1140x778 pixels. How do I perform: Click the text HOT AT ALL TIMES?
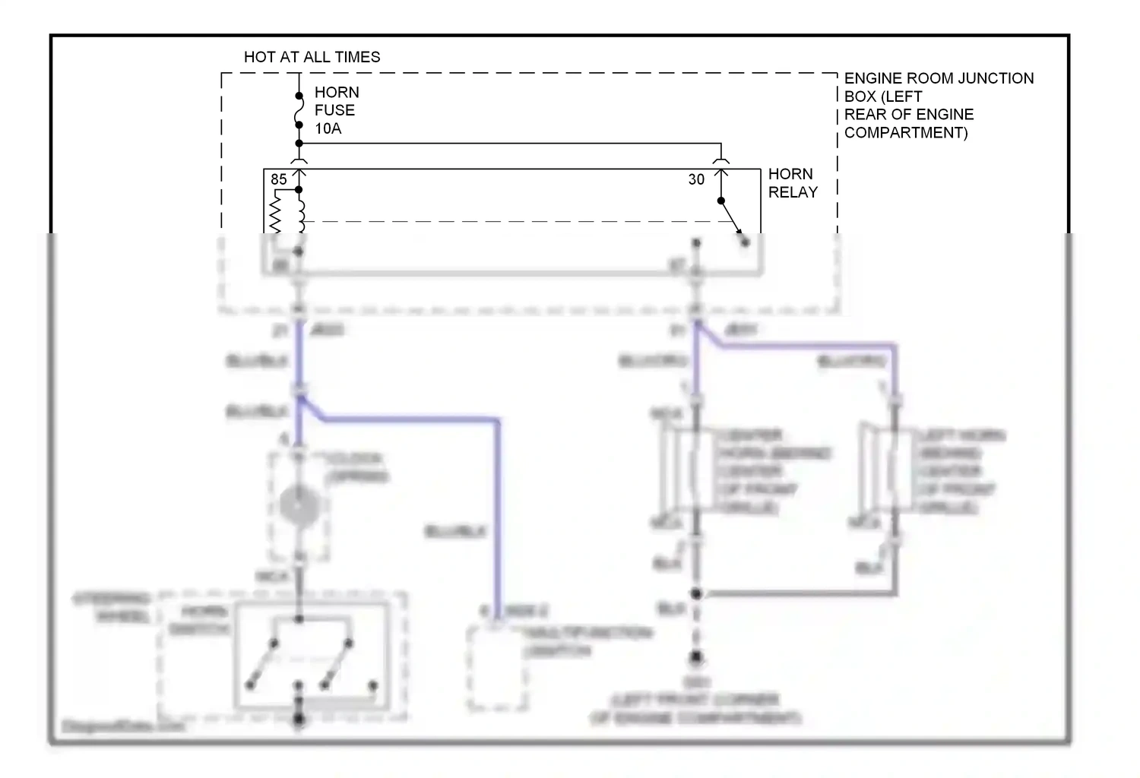click(x=312, y=57)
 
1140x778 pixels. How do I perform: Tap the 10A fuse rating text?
click(x=328, y=128)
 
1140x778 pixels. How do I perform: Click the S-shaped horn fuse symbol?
click(x=299, y=115)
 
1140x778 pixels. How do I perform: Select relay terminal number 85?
click(x=279, y=179)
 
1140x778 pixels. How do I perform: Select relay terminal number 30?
click(x=696, y=179)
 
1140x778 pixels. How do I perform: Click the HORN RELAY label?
click(x=793, y=183)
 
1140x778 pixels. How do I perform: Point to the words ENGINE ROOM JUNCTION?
click(x=939, y=78)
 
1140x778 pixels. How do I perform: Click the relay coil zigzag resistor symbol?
click(x=275, y=212)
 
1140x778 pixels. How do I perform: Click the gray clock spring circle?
click(x=299, y=504)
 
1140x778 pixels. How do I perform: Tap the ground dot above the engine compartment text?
click(x=695, y=658)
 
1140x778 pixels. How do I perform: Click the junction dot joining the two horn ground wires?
click(x=695, y=593)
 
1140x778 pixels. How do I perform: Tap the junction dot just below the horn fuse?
click(x=299, y=144)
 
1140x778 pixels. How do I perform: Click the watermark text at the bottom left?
click(x=122, y=726)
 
